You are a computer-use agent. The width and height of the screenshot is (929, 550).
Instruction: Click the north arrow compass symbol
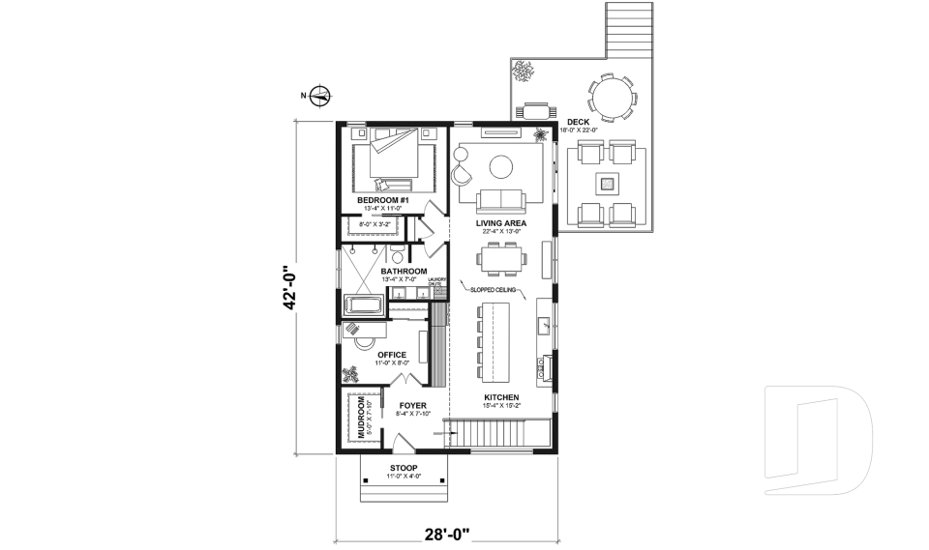[321, 95]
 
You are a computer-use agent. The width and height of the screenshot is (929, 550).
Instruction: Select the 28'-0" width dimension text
[447, 532]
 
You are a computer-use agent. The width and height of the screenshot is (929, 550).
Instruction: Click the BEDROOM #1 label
[384, 200]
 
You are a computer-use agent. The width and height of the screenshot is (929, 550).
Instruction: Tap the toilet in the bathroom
[398, 256]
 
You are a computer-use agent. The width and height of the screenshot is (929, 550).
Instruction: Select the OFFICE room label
[391, 355]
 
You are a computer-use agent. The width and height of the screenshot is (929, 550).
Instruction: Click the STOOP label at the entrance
[404, 468]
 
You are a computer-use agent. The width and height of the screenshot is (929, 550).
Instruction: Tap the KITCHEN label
[502, 397]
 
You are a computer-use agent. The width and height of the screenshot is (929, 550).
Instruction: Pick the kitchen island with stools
[494, 337]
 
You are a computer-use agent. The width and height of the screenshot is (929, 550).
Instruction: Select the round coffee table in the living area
[501, 167]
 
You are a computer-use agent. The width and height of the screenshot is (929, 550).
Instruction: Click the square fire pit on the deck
[607, 182]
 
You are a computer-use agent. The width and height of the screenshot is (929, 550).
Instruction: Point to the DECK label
[579, 122]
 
